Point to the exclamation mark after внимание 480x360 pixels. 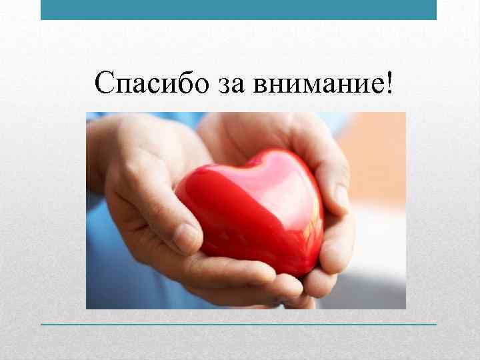coord(389,83)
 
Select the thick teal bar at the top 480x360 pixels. coord(239,9)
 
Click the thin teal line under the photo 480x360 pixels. coord(239,324)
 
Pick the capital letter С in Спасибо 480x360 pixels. coord(106,83)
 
